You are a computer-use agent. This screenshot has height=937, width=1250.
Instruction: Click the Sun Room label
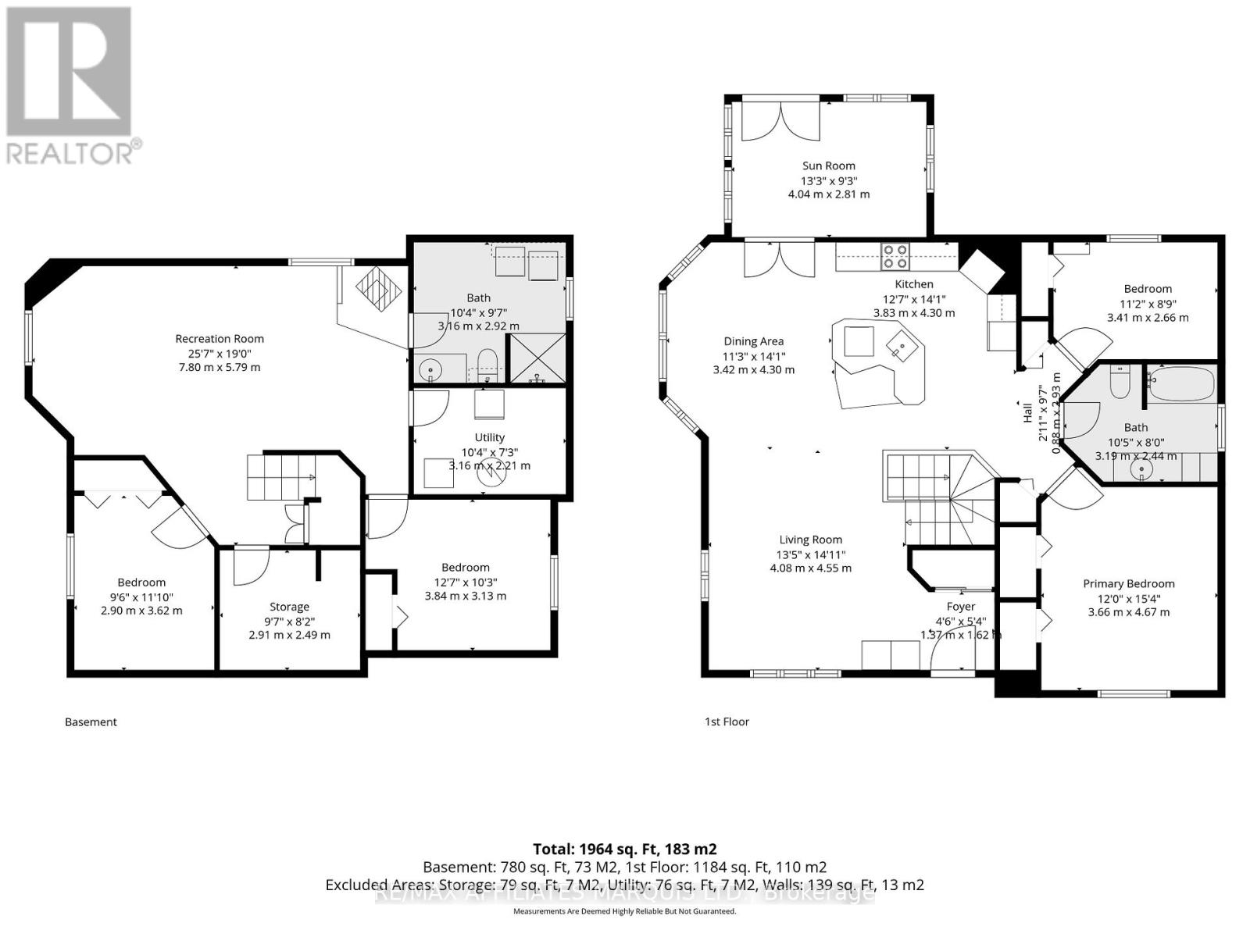[828, 166]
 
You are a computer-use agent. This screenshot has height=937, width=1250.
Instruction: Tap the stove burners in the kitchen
[895, 256]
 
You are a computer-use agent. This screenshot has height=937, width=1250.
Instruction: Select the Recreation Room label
[220, 339]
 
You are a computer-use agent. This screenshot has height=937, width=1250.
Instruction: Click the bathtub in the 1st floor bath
[1181, 384]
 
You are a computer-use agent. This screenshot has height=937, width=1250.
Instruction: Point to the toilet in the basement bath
[487, 365]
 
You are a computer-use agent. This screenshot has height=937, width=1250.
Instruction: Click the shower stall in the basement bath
[537, 358]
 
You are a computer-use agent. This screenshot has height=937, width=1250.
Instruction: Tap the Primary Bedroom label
[1128, 584]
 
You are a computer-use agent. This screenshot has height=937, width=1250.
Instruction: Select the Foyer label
[960, 607]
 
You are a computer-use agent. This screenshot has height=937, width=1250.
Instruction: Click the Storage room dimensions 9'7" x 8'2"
[289, 621]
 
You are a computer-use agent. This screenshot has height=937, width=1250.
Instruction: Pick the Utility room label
[489, 437]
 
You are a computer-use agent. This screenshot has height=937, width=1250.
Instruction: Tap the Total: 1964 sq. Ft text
[624, 849]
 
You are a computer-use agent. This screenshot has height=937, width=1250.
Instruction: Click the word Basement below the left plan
[91, 722]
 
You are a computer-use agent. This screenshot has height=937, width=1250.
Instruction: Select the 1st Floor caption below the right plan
[727, 722]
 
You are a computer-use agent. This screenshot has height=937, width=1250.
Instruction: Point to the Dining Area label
[753, 341]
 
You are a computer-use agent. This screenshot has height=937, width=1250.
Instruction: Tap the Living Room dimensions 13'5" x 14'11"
[810, 554]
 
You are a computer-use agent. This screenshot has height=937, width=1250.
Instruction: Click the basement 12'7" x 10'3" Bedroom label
[465, 568]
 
